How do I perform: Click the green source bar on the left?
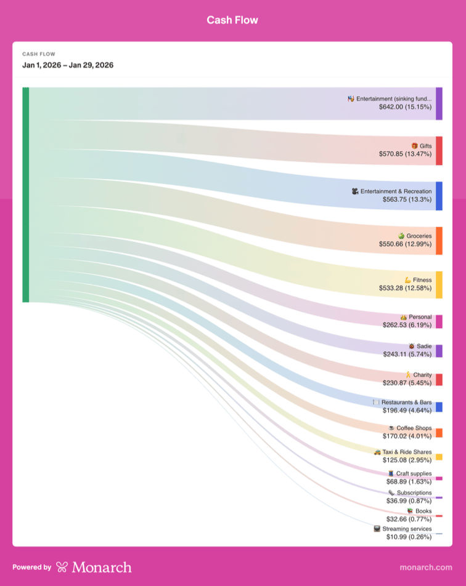pyautogui.click(x=26, y=195)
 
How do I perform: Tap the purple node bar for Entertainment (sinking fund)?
pyautogui.click(x=439, y=103)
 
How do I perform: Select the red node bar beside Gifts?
pyautogui.click(x=439, y=151)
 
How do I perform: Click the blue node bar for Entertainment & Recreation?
pyautogui.click(x=439, y=196)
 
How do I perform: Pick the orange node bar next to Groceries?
pyautogui.click(x=439, y=240)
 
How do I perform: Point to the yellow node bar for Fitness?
pyautogui.click(x=439, y=284)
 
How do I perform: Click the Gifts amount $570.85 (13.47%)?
pyautogui.click(x=405, y=154)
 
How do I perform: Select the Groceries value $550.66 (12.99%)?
pyautogui.click(x=405, y=244)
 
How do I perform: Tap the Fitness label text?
pyautogui.click(x=422, y=280)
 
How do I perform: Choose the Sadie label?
pyautogui.click(x=424, y=347)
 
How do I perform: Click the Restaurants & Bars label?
pyautogui.click(x=406, y=402)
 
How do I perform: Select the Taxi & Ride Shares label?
pyautogui.click(x=407, y=452)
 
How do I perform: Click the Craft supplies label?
pyautogui.click(x=414, y=473)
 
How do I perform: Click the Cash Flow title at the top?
pyautogui.click(x=232, y=20)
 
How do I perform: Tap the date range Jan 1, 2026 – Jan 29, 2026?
pyautogui.click(x=68, y=65)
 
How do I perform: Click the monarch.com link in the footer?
pyautogui.click(x=426, y=567)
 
